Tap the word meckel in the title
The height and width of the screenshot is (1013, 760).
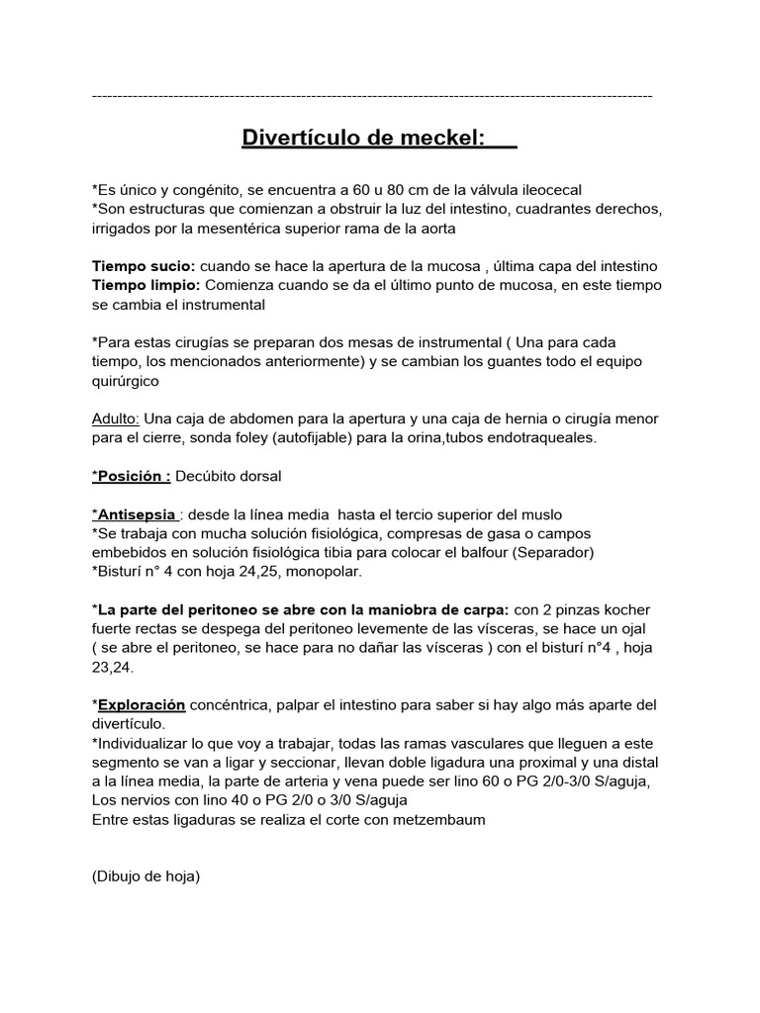[441, 138]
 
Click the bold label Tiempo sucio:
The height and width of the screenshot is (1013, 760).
[143, 267]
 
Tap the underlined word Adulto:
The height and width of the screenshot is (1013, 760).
[116, 418]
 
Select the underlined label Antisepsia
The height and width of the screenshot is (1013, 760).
[137, 514]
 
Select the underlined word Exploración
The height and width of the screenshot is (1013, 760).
[142, 704]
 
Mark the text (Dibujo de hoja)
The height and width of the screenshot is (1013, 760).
[145, 875]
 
